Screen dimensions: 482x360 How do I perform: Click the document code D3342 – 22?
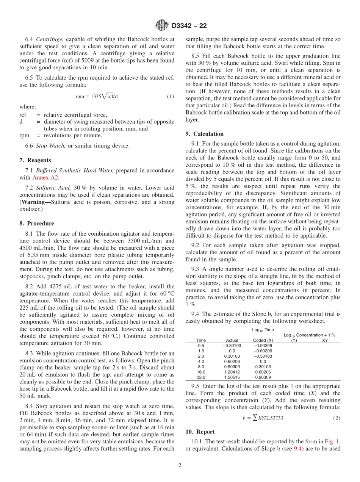point(189,26)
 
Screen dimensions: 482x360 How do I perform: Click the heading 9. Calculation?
point(204,134)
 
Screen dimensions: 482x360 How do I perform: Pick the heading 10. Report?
point(200,432)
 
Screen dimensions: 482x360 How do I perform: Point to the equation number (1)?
point(171,97)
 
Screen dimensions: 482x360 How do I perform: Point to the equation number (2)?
point(337,418)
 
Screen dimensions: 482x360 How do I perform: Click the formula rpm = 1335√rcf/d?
point(97,97)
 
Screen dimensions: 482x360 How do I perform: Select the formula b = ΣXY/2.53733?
point(263,418)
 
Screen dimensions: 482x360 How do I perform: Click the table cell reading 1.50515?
point(232,377)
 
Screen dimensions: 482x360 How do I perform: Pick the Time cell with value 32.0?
point(201,377)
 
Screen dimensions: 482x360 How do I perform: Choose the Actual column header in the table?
point(232,340)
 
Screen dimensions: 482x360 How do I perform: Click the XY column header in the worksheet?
point(325,340)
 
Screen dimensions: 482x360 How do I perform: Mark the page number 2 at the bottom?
point(180,466)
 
